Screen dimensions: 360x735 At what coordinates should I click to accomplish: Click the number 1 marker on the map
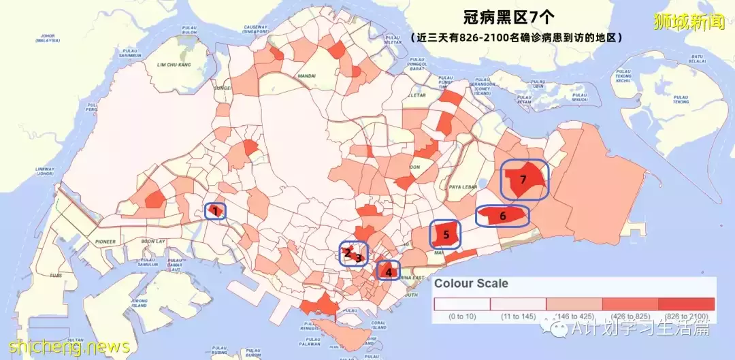(215, 211)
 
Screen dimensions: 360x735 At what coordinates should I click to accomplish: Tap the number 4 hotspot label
(389, 272)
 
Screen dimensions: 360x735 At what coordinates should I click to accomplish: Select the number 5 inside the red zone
(446, 235)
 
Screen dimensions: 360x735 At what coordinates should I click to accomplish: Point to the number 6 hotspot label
(503, 216)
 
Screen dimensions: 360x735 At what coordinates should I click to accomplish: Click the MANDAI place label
(307, 76)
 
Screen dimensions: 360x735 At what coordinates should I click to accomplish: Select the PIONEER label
(106, 241)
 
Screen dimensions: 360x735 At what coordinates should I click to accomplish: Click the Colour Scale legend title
(471, 283)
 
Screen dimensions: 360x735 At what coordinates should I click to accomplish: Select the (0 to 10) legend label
(462, 316)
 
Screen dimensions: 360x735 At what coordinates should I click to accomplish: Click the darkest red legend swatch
(686, 304)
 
